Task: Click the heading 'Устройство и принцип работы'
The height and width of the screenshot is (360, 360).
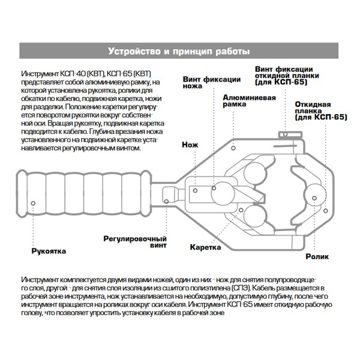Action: click(180, 50)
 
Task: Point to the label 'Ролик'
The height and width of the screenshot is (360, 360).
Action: click(316, 256)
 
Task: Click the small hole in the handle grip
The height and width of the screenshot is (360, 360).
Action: click(33, 202)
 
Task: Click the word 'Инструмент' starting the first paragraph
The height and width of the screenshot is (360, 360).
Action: click(40, 71)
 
